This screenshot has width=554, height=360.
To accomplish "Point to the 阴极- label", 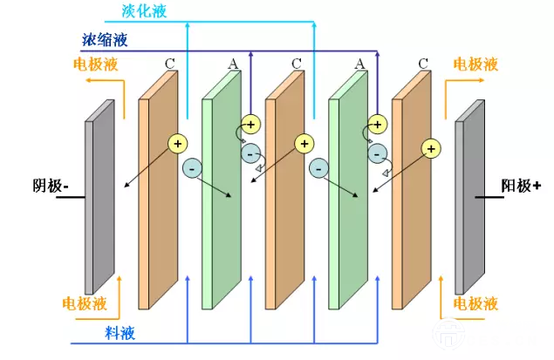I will [51, 187].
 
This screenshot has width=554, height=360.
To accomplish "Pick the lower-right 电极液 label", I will [475, 303].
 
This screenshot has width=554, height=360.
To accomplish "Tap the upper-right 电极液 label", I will [475, 65].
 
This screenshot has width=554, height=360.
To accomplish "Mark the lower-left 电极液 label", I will [85, 303].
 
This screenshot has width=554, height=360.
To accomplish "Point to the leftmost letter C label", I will [170, 64].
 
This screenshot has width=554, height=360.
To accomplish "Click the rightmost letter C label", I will [423, 64].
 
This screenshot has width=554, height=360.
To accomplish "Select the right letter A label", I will [359, 64].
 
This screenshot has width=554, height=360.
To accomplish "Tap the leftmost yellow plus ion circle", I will [178, 143].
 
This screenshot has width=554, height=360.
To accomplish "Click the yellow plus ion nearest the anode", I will [430, 148].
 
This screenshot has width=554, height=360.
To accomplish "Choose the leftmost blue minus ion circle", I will [193, 166].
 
